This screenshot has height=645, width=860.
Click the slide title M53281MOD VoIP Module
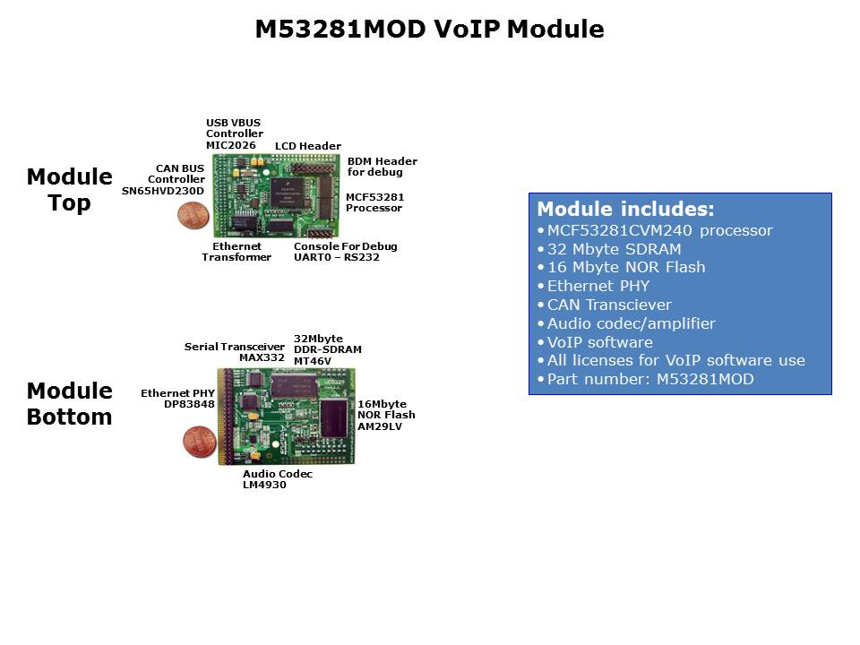click(x=429, y=30)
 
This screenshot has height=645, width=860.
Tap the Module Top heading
click(x=69, y=189)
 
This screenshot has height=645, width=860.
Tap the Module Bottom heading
click(x=69, y=403)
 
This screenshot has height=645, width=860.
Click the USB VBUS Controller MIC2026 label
click(x=234, y=133)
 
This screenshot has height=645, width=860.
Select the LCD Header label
click(x=307, y=146)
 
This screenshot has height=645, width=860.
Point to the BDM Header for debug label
click(x=382, y=167)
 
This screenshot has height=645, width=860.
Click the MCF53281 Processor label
click(x=374, y=202)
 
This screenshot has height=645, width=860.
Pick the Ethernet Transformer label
click(x=236, y=252)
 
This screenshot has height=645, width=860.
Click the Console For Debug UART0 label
click(x=345, y=252)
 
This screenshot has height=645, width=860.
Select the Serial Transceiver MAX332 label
click(x=235, y=352)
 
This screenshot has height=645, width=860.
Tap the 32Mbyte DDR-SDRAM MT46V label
click(x=327, y=349)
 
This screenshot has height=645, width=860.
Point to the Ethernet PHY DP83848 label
click(x=177, y=399)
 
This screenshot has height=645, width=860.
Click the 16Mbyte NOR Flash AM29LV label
click(x=386, y=415)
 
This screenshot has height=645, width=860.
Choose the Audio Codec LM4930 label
click(x=278, y=479)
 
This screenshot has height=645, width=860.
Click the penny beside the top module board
click(x=190, y=215)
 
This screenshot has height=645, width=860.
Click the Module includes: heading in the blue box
click(x=625, y=210)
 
